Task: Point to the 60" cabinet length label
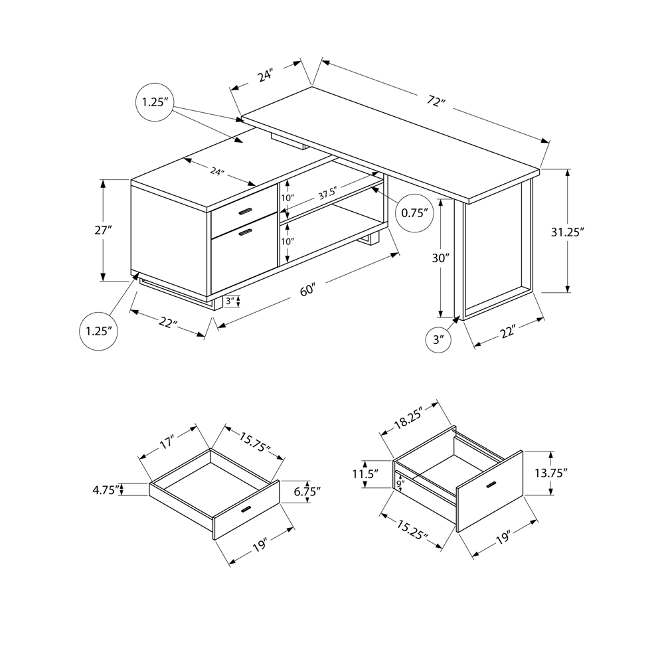(x=307, y=290)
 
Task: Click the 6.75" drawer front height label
(x=306, y=491)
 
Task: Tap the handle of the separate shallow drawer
(x=246, y=510)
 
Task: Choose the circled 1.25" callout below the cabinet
(x=98, y=331)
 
